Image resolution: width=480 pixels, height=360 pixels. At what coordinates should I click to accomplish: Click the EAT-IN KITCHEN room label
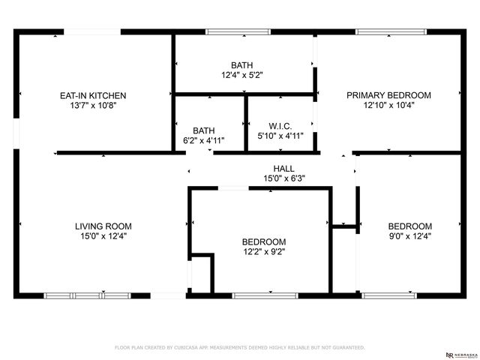pyautogui.click(x=93, y=95)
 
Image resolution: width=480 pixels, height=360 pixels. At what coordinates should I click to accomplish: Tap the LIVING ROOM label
pyautogui.click(x=103, y=226)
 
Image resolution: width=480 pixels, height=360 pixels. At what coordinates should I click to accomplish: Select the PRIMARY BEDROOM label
pyautogui.click(x=388, y=95)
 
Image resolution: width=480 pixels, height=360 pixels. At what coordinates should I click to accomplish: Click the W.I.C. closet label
pyautogui.click(x=280, y=125)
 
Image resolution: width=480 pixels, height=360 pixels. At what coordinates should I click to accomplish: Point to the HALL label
pyautogui.click(x=283, y=169)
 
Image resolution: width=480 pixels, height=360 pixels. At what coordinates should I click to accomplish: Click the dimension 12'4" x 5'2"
pyautogui.click(x=241, y=75)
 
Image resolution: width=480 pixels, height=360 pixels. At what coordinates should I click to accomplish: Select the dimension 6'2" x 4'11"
pyautogui.click(x=203, y=139)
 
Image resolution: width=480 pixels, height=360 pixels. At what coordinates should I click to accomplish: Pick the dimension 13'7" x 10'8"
pyautogui.click(x=93, y=106)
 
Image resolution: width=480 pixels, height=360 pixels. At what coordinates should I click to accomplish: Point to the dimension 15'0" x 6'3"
pyautogui.click(x=283, y=178)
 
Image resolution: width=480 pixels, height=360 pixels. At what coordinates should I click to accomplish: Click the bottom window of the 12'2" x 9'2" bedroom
pyautogui.click(x=259, y=295)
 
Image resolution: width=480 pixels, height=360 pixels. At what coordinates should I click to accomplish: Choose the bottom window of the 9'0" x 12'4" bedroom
pyautogui.click(x=389, y=295)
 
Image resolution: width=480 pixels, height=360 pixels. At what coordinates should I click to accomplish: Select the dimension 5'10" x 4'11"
pyautogui.click(x=280, y=136)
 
